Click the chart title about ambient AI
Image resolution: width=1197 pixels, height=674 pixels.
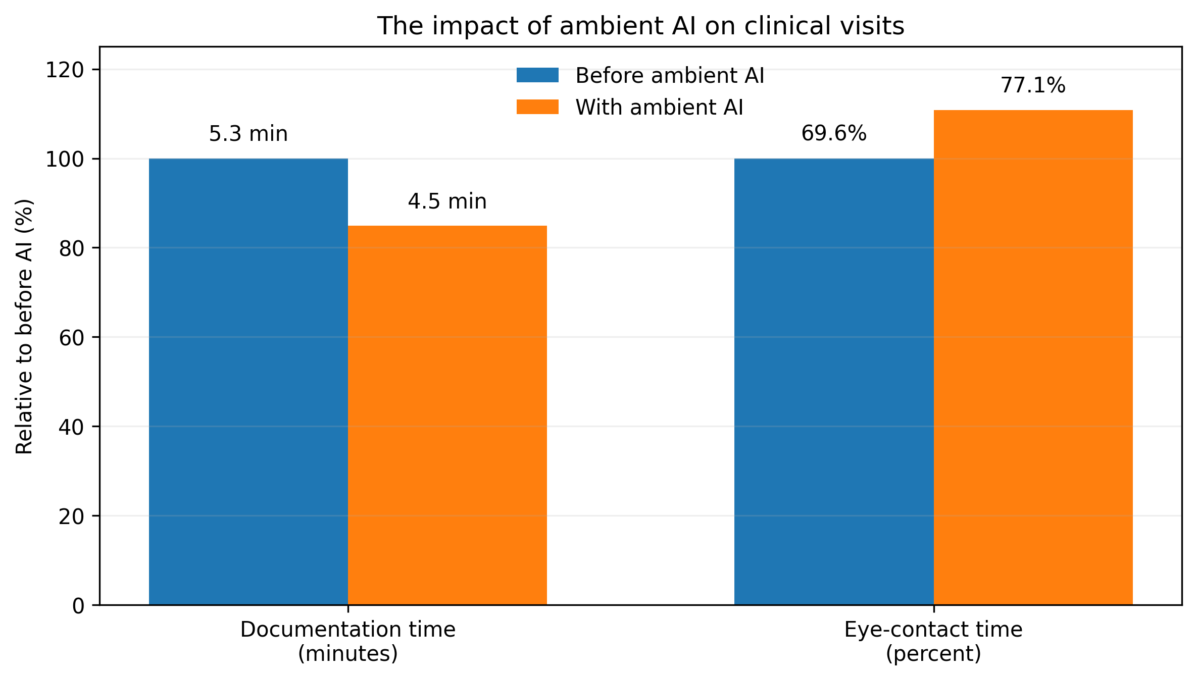pos(640,26)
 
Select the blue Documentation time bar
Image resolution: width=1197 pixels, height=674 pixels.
pos(248,382)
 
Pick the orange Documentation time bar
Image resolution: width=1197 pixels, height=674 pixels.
pos(447,415)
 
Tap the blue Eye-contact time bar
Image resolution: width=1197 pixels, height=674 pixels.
pos(834,382)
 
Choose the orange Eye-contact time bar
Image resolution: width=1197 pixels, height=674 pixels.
pos(1033,357)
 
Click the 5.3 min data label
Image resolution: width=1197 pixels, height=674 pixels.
pos(248,134)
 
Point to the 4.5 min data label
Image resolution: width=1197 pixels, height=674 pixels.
pos(447,202)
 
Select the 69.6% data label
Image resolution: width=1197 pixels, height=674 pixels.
pos(834,134)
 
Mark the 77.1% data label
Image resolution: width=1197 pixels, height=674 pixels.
pos(1033,86)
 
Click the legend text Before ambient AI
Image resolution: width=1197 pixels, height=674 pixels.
pos(670,76)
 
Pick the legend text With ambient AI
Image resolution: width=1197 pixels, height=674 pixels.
pos(660,108)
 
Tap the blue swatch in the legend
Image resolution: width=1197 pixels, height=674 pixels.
pos(537,75)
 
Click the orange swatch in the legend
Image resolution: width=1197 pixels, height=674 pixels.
pos(537,107)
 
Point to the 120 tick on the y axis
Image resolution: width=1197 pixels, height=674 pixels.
pos(65,70)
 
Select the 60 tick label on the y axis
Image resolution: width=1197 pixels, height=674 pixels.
pos(71,337)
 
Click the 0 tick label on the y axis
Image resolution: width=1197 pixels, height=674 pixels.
pos(78,605)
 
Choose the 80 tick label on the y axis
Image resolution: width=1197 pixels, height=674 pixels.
pos(71,248)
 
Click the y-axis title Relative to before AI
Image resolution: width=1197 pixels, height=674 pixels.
pos(24,326)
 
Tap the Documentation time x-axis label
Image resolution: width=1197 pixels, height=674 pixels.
pos(348,642)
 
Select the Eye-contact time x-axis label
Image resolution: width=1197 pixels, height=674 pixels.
pos(934,642)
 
